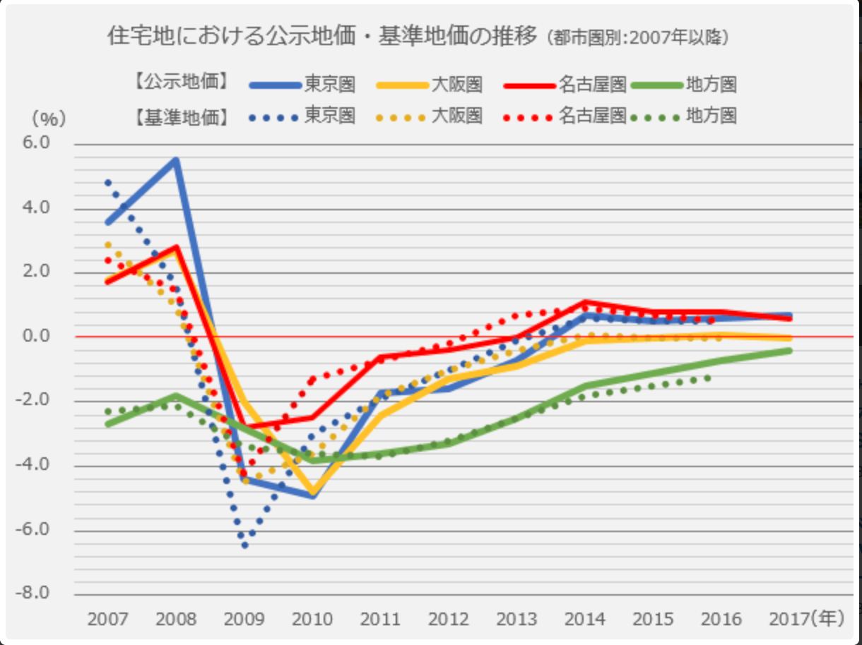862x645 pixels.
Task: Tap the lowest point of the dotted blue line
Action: pos(244,545)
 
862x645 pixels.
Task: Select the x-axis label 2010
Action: pos(312,619)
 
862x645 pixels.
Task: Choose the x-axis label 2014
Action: pos(585,619)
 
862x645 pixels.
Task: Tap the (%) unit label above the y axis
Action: pos(48,119)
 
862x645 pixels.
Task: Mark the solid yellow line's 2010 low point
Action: pos(312,491)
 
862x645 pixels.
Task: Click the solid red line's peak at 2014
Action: pos(584,303)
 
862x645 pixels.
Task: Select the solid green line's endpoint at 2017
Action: pos(789,350)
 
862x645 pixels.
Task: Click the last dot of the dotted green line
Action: pos(708,378)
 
